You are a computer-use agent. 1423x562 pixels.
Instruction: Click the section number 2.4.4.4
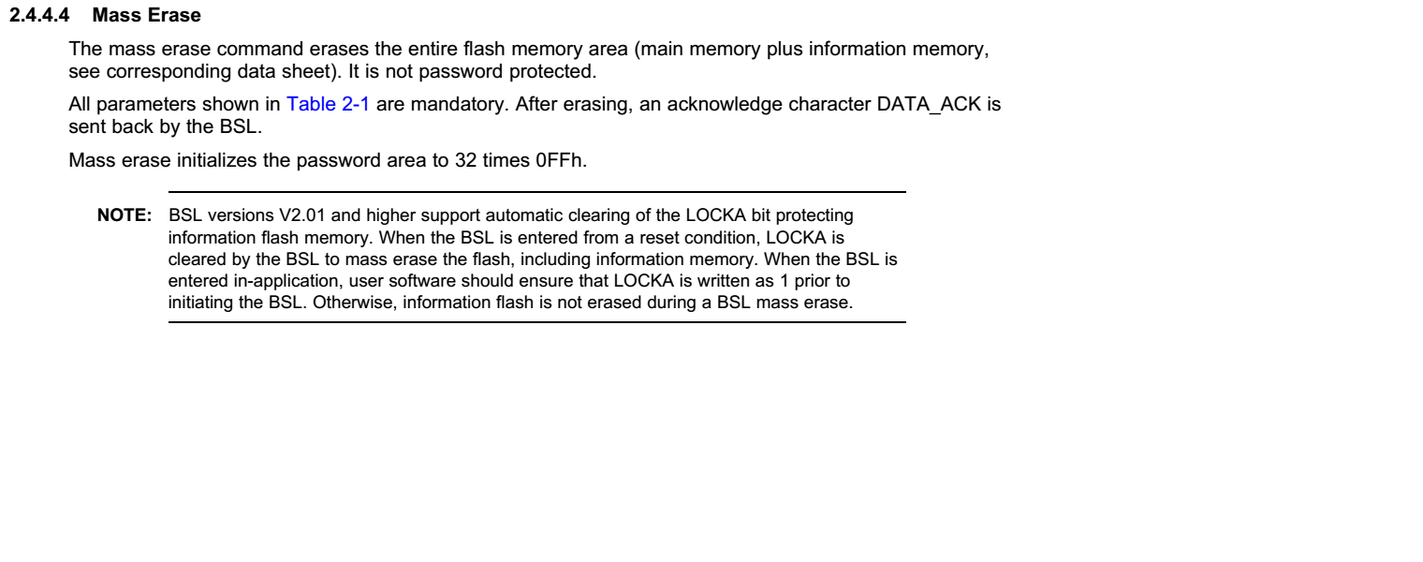(x=39, y=15)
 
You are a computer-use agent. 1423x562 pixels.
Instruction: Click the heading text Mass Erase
(x=147, y=15)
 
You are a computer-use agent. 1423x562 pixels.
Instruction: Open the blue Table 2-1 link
(x=328, y=104)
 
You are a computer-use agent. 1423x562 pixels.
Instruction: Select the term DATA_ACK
(x=929, y=105)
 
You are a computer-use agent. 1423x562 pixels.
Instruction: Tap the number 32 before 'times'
(x=465, y=160)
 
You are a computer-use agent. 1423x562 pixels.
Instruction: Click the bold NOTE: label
(x=125, y=215)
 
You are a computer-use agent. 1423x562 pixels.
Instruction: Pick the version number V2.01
(x=302, y=215)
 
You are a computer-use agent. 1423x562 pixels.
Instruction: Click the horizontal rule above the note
(x=536, y=192)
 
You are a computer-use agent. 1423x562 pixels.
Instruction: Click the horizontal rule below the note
(x=536, y=322)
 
